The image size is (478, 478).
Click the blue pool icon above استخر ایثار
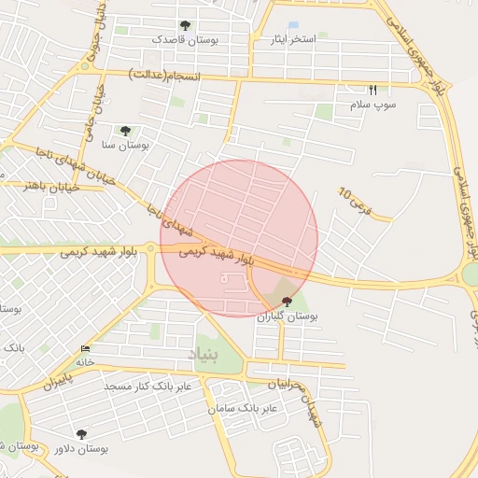click(293, 25)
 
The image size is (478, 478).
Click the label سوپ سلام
click(373, 105)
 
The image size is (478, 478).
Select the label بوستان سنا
click(125, 145)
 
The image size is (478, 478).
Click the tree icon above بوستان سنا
click(125, 131)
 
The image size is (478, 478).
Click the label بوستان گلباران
click(288, 316)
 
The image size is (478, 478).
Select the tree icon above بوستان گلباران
click(286, 302)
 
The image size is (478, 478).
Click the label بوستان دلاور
click(81, 448)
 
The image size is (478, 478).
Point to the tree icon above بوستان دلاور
click(81, 434)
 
